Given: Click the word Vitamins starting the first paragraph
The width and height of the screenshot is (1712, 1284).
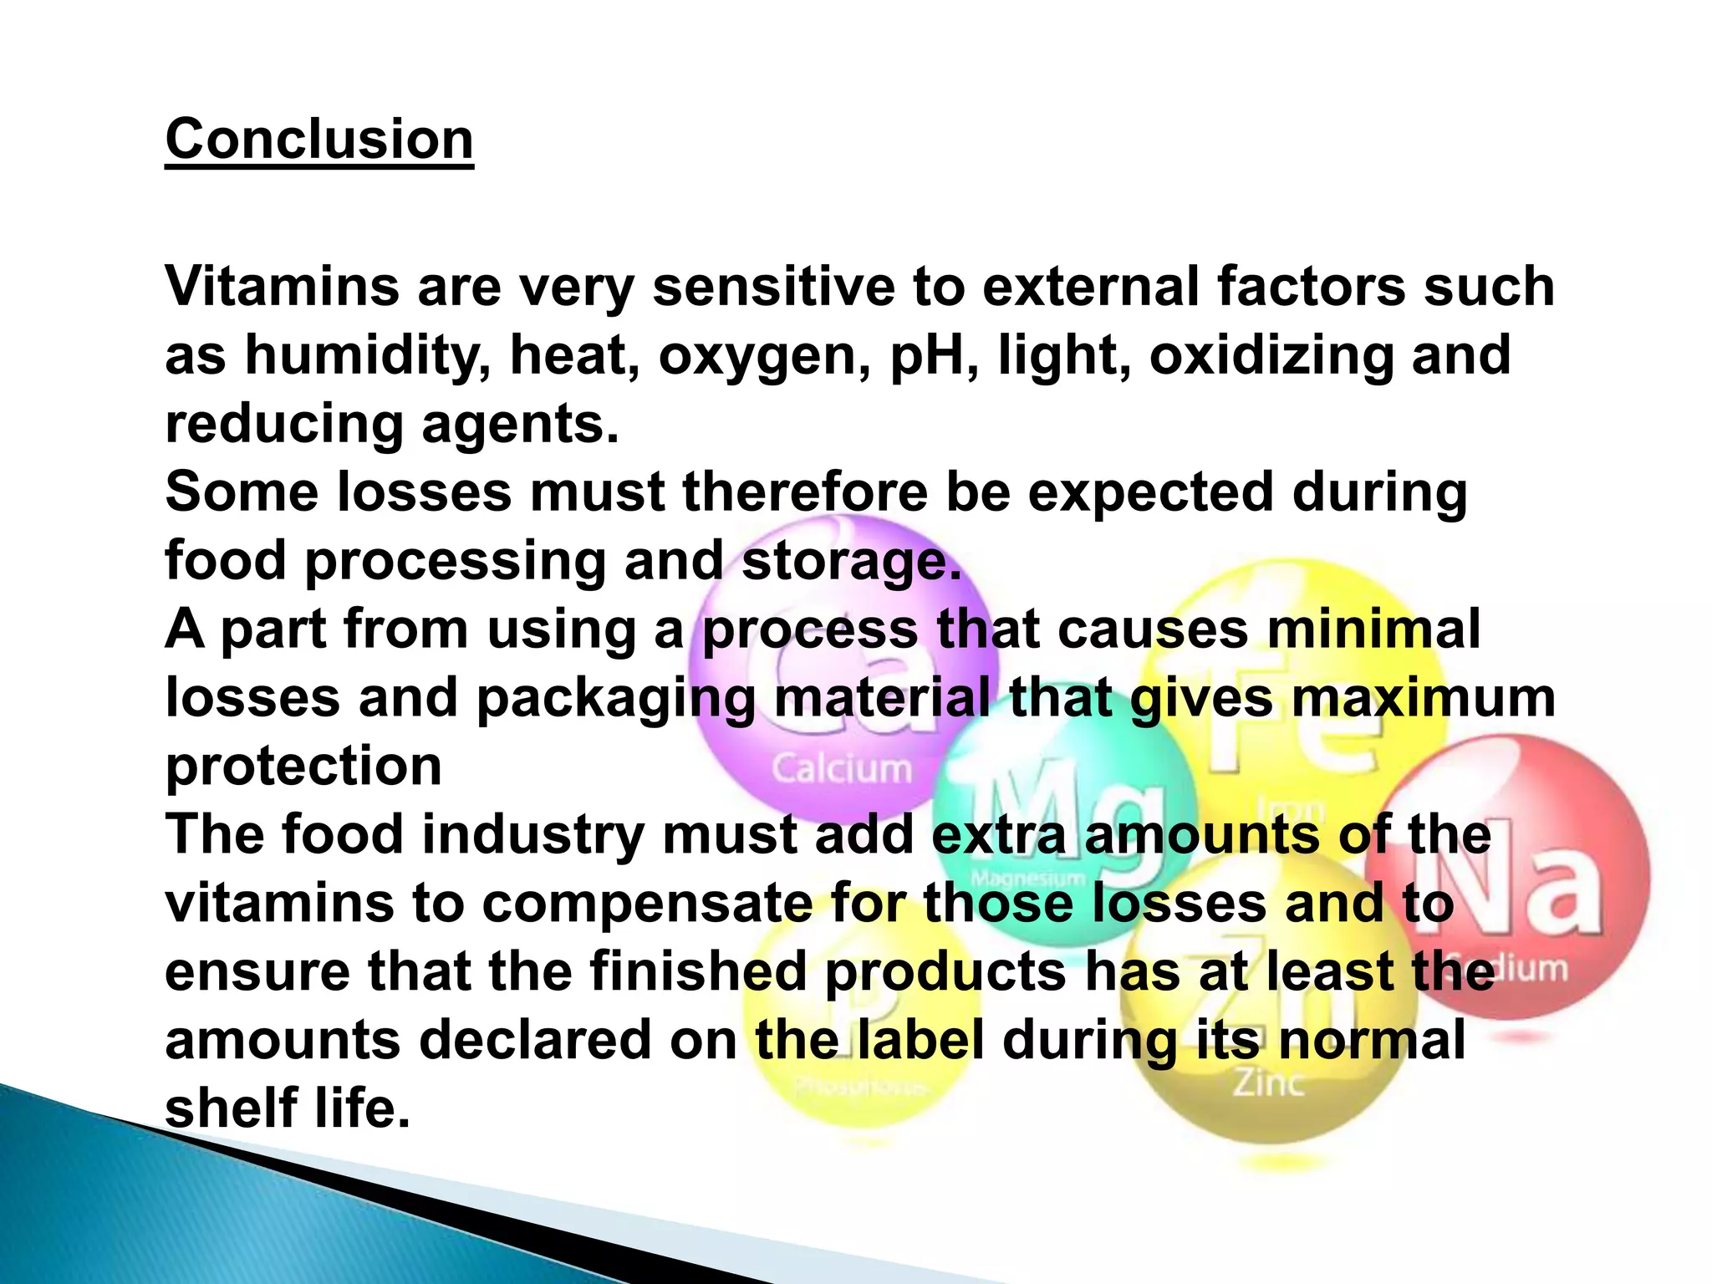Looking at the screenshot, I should [x=283, y=287].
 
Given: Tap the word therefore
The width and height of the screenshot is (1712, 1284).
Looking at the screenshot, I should [x=805, y=492].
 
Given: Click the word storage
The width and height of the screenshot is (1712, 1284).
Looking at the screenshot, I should [x=851, y=561].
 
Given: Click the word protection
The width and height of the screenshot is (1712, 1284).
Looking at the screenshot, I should [x=303, y=767].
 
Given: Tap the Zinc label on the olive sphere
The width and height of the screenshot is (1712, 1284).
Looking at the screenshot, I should [x=1268, y=1083].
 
